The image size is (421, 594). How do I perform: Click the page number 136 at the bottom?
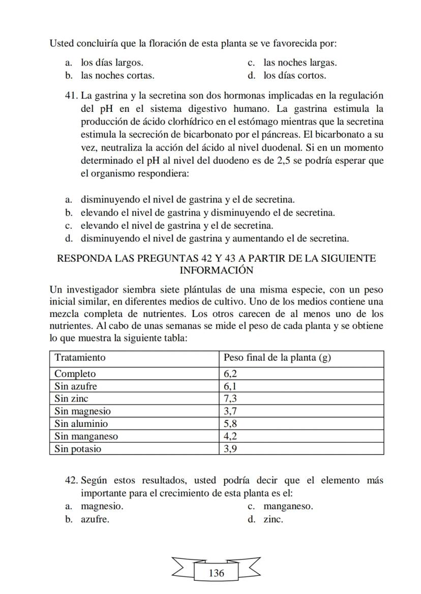point(216,573)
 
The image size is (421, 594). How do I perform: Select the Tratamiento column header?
point(80,357)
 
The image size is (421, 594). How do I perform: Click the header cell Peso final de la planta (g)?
point(277,357)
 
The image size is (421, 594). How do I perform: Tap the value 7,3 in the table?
point(230,399)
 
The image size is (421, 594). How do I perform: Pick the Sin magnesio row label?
point(82,411)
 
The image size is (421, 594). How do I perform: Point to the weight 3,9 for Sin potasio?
point(230,449)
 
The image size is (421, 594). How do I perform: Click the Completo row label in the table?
point(75,374)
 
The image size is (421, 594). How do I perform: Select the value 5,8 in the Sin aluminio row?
point(230,424)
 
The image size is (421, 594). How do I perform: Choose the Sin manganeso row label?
point(86,436)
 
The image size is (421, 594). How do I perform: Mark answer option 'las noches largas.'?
point(299,63)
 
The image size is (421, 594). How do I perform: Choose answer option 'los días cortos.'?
point(294,76)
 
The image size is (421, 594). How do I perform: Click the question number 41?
point(71,96)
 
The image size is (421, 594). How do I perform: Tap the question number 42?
point(71,481)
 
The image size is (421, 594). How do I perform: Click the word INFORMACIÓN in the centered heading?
point(216,270)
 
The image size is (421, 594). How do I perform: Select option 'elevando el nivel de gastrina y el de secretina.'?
point(176,226)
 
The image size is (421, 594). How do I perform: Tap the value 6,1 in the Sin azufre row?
point(230,386)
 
